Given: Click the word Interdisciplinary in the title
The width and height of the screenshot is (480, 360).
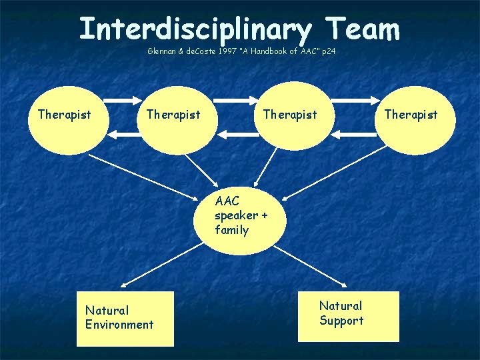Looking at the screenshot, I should (195, 29).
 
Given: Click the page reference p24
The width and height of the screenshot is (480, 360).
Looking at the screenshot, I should (327, 51).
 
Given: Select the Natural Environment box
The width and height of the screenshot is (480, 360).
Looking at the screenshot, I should (125, 318).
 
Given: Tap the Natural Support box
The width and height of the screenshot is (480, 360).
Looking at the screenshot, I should (349, 316).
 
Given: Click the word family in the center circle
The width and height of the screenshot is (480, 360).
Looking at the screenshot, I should (231, 231).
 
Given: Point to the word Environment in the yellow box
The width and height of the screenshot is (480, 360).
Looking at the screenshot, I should (119, 325).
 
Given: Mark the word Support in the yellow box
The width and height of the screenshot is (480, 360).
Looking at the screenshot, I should (341, 321).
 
